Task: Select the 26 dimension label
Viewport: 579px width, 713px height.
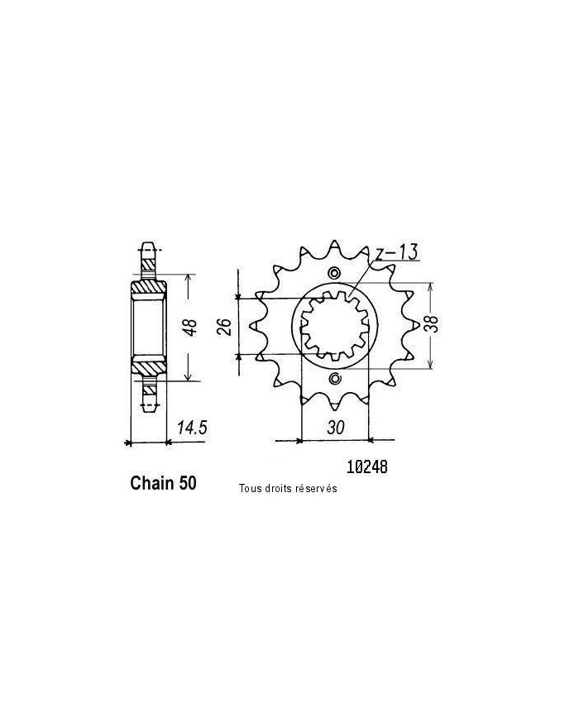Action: (x=223, y=328)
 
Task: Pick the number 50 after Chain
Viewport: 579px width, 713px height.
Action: (x=187, y=484)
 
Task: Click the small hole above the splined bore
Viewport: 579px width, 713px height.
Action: (x=334, y=275)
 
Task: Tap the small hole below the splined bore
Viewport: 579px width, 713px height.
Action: (x=334, y=380)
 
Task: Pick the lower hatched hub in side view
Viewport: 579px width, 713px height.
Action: (x=148, y=366)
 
